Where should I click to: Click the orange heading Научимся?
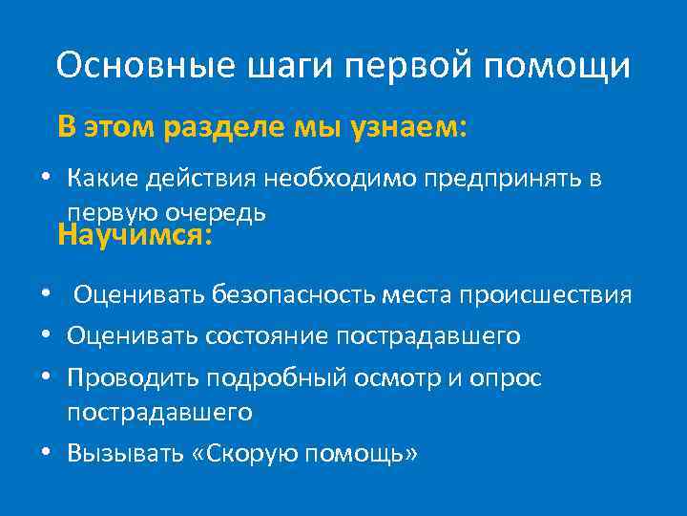click(x=135, y=234)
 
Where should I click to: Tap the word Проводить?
click(x=127, y=378)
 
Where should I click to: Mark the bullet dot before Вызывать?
click(x=45, y=453)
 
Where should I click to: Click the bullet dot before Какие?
click(x=45, y=179)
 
